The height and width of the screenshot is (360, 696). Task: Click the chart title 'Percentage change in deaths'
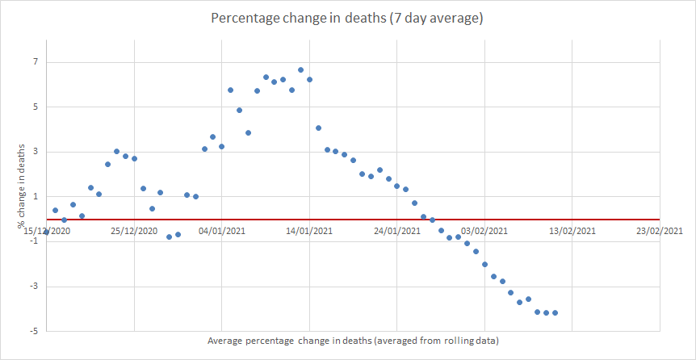[x=346, y=18]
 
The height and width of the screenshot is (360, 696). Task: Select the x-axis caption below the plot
[x=353, y=341]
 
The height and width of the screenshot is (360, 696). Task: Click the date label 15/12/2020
[x=47, y=231]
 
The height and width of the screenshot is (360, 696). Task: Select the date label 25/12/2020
[x=134, y=231]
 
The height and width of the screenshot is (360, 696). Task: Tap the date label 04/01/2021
[x=221, y=231]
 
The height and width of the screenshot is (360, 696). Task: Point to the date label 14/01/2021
[x=309, y=231]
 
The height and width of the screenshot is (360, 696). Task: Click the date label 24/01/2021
[x=396, y=231]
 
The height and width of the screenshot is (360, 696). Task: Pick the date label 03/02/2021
[x=484, y=231]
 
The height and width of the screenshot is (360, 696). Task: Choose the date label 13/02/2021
[x=572, y=231]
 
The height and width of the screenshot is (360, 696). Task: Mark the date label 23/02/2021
[x=659, y=231]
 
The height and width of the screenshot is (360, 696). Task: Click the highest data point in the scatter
[x=300, y=70]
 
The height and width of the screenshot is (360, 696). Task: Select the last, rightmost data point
[x=555, y=313]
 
